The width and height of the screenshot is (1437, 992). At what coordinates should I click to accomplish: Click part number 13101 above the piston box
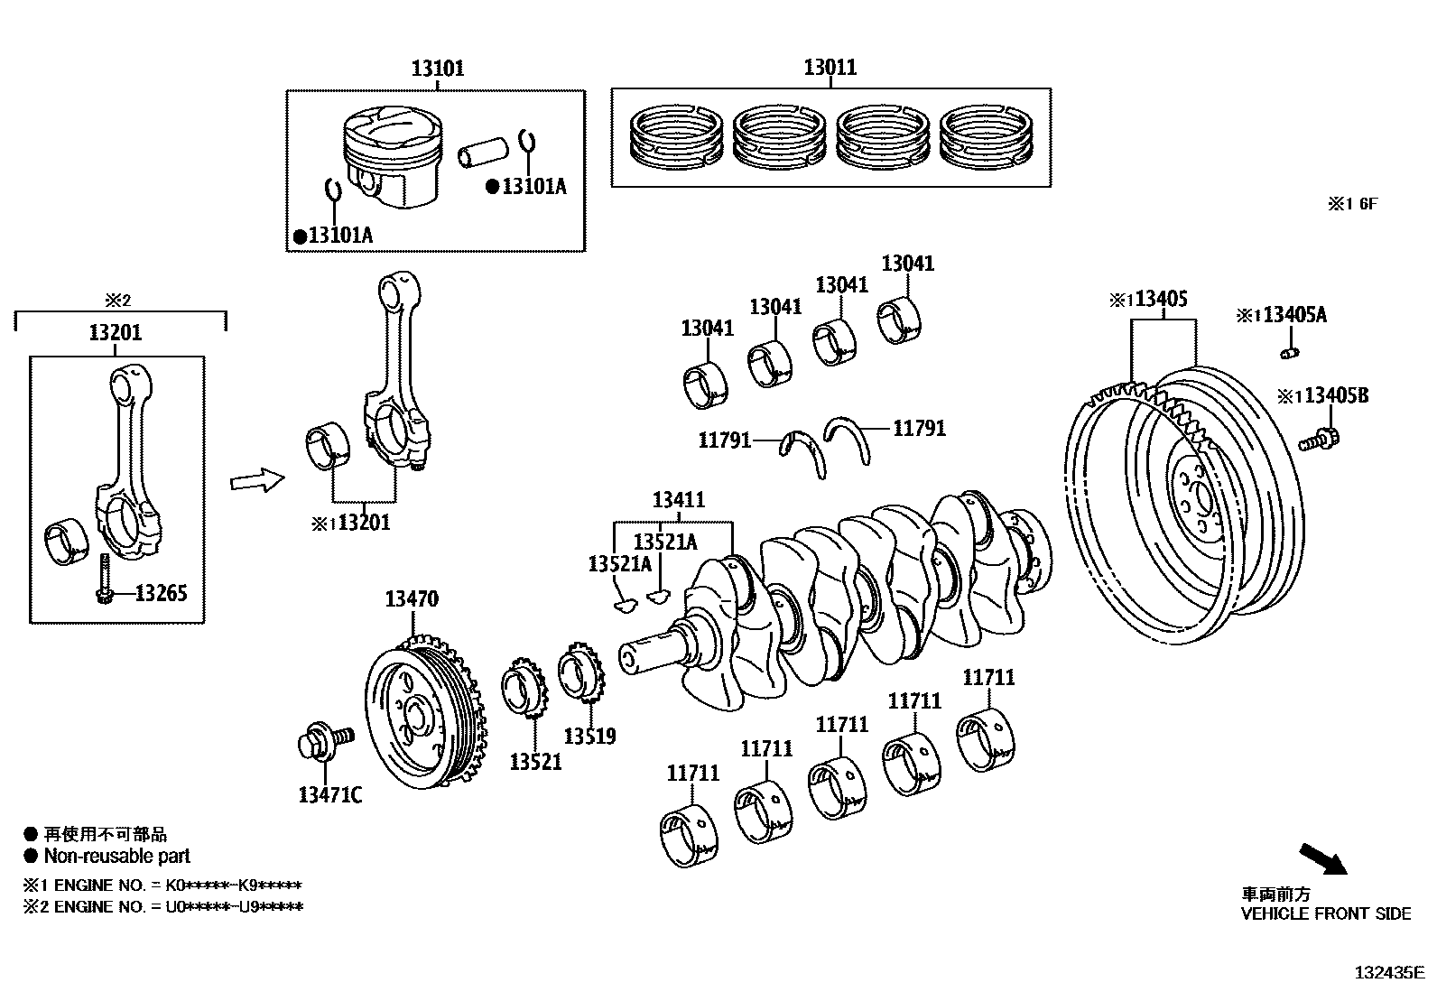coord(438,69)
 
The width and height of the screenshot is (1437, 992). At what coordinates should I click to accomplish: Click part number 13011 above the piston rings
coord(830,68)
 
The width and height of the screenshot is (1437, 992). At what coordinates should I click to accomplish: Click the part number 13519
coord(589,737)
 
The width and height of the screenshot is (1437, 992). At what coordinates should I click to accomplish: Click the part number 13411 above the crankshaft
coord(679,500)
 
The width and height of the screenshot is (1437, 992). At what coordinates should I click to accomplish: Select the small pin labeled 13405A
coord(1290,350)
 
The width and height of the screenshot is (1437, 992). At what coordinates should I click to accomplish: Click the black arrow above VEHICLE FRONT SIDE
coord(1322,859)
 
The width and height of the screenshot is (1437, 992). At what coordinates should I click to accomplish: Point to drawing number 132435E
coord(1387,973)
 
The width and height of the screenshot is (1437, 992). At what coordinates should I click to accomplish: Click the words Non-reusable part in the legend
coord(117,857)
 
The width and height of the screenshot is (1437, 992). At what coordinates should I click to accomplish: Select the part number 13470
coord(412,598)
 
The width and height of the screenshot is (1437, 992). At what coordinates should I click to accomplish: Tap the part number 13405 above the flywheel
coord(1161,299)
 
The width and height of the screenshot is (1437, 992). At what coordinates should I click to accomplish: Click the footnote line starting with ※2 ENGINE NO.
coord(162,906)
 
